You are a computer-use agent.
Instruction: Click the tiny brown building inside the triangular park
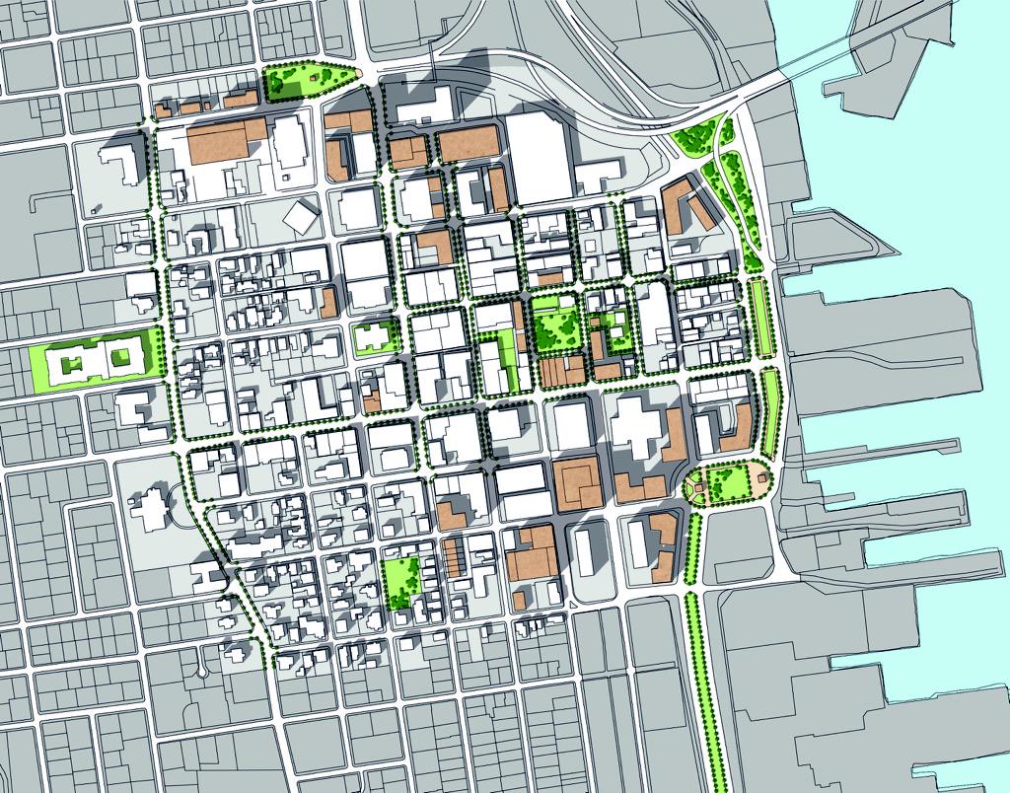tap(316, 73)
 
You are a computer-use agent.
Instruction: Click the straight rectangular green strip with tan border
tap(759, 318)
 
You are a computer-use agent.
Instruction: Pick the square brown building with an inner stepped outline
tap(579, 482)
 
